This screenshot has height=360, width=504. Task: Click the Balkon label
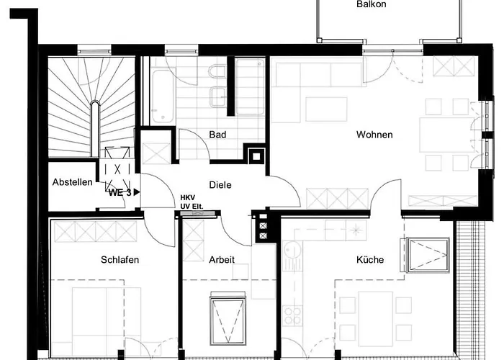pos(372,4)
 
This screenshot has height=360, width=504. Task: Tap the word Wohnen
pos(374,135)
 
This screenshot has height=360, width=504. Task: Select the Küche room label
pos(370,259)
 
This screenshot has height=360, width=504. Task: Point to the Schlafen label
pos(120,259)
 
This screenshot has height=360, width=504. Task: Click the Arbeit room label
pos(222,259)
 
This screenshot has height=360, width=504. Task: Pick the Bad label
pos(217,135)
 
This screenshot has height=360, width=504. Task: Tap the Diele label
pos(220,185)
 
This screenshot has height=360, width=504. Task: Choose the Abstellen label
pos(72,182)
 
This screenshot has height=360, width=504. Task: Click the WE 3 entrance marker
pos(124,192)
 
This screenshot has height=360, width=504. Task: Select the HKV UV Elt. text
pos(192,202)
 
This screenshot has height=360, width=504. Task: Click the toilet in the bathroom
pos(217,71)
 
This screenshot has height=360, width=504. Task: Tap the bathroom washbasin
pos(218,96)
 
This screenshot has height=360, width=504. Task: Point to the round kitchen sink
pos(292,249)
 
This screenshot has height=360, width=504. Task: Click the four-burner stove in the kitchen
pos(292,315)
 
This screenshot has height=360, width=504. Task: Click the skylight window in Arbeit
pos(228,318)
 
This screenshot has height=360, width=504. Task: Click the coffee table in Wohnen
pos(326,109)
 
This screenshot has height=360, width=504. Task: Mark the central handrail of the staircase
pos(94,129)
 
